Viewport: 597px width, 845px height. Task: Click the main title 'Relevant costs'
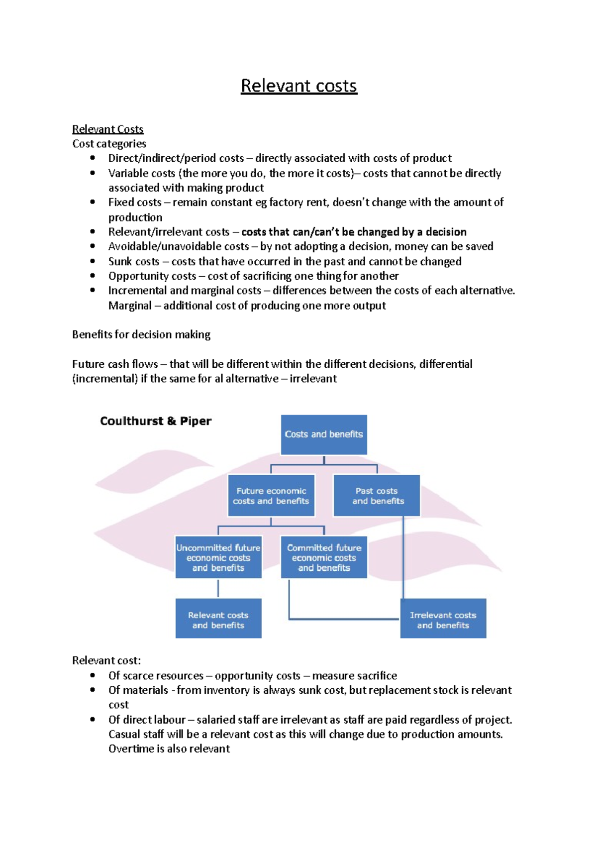(298, 86)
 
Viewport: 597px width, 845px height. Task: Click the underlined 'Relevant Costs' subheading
(107, 129)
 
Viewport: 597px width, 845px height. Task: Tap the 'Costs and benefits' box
(324, 434)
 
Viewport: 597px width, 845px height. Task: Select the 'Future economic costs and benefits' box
(271, 496)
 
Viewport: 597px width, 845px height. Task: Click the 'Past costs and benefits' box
(377, 496)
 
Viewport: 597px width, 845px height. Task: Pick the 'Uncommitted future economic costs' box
(218, 557)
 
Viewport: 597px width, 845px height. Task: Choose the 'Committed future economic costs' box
(324, 557)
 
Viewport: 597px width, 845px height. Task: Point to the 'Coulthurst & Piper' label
(156, 421)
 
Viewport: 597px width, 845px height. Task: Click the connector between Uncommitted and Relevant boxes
(218, 588)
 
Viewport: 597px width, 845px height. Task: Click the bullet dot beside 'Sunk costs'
(93, 261)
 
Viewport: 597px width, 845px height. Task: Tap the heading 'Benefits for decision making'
(141, 334)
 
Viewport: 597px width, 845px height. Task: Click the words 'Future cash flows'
(115, 364)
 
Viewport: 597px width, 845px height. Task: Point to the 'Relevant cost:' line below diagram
(106, 661)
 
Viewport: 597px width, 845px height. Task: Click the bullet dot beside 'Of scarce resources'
(93, 675)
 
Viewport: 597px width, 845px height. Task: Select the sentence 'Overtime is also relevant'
(169, 749)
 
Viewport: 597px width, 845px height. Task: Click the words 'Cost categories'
(109, 144)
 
